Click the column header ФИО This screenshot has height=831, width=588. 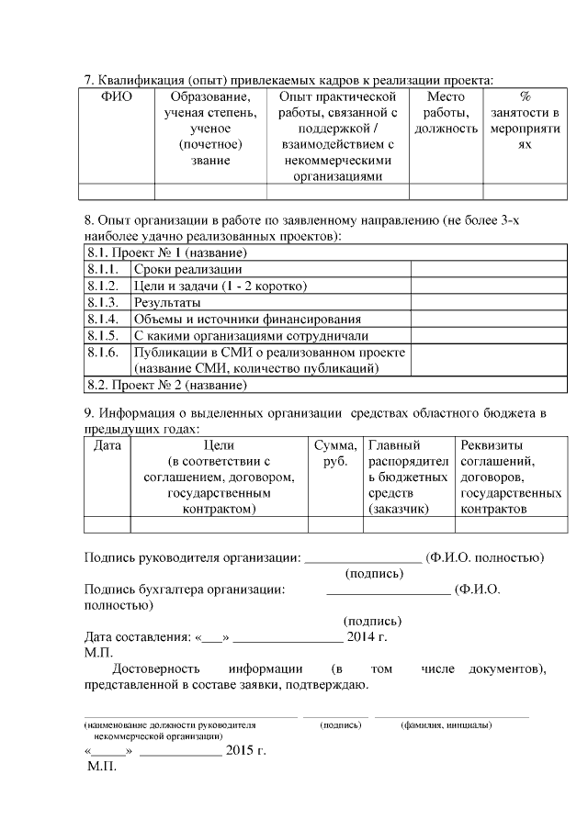(116, 96)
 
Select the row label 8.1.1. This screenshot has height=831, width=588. (103, 270)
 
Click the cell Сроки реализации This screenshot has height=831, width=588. (187, 270)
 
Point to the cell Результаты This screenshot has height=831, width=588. (167, 302)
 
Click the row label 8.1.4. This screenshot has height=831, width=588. (103, 319)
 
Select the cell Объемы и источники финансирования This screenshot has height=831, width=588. (247, 319)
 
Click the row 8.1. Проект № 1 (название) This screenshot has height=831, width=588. (167, 253)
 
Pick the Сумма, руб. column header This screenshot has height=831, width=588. (335, 453)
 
